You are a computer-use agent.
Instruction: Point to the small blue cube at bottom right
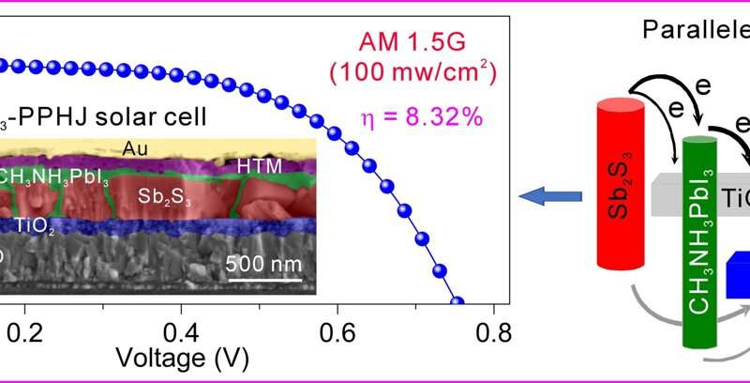tap(738, 277)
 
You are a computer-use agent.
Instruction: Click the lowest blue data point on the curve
tap(458, 302)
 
